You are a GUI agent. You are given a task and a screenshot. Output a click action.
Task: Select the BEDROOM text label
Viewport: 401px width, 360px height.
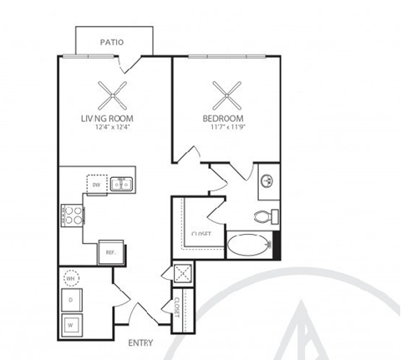point(223,119)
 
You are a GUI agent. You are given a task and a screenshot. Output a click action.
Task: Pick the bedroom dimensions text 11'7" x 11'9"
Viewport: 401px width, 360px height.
point(223,127)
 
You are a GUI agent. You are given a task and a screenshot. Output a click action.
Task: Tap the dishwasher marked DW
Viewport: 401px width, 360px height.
point(97,184)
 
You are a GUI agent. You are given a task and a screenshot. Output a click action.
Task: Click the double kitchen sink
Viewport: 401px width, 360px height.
point(123,183)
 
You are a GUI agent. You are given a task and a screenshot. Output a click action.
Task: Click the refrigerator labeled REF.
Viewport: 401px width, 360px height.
point(109,250)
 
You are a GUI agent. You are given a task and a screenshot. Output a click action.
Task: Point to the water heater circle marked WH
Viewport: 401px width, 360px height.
point(71,278)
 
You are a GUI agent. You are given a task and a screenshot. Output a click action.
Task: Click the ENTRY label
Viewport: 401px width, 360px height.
point(141,342)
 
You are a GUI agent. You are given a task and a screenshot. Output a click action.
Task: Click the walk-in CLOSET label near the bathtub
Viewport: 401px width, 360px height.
point(201,234)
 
